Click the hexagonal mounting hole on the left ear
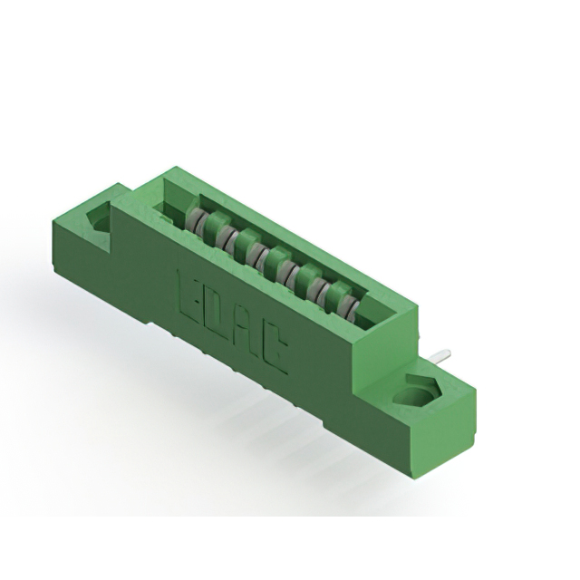click(97, 218)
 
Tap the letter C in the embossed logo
click(275, 349)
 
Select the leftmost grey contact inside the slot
click(195, 220)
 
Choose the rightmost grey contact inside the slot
click(348, 296)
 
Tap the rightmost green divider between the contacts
click(337, 291)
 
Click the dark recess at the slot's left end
click(168, 212)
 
